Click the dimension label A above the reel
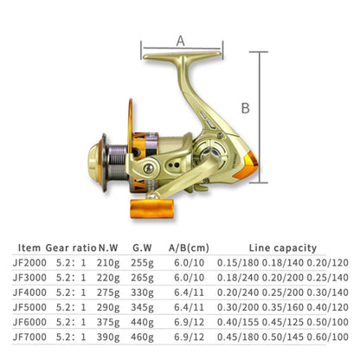[181, 41]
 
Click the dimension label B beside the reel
[245, 108]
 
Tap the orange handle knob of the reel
[152, 209]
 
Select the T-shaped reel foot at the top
[182, 55]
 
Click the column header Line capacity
[283, 247]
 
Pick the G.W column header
[142, 247]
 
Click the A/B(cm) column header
[189, 247]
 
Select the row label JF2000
[29, 262]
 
